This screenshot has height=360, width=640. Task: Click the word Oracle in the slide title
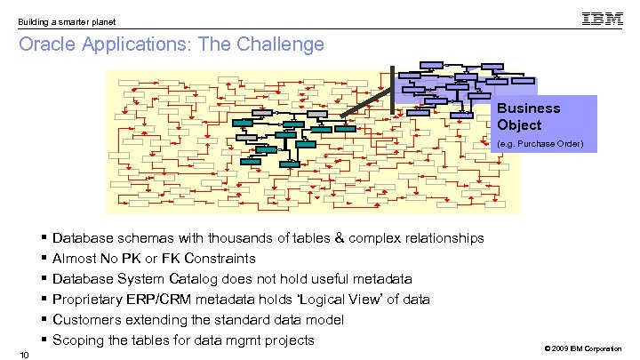pos(44,44)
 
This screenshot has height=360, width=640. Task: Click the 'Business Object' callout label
pos(528,116)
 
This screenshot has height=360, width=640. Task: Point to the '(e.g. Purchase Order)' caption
pos(540,143)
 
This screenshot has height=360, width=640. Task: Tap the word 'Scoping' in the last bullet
pos(78,340)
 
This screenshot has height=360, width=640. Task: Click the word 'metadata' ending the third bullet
pos(383,279)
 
